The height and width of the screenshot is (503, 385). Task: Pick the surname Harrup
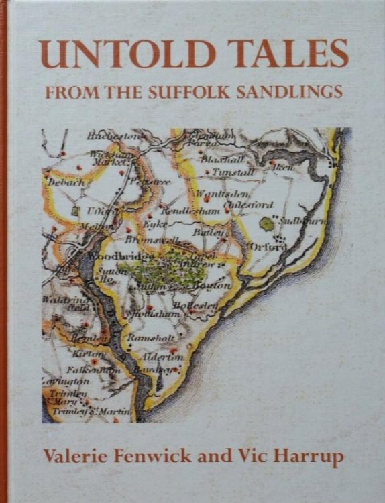tap(309, 457)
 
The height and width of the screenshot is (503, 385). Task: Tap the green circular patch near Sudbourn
tap(269, 223)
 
